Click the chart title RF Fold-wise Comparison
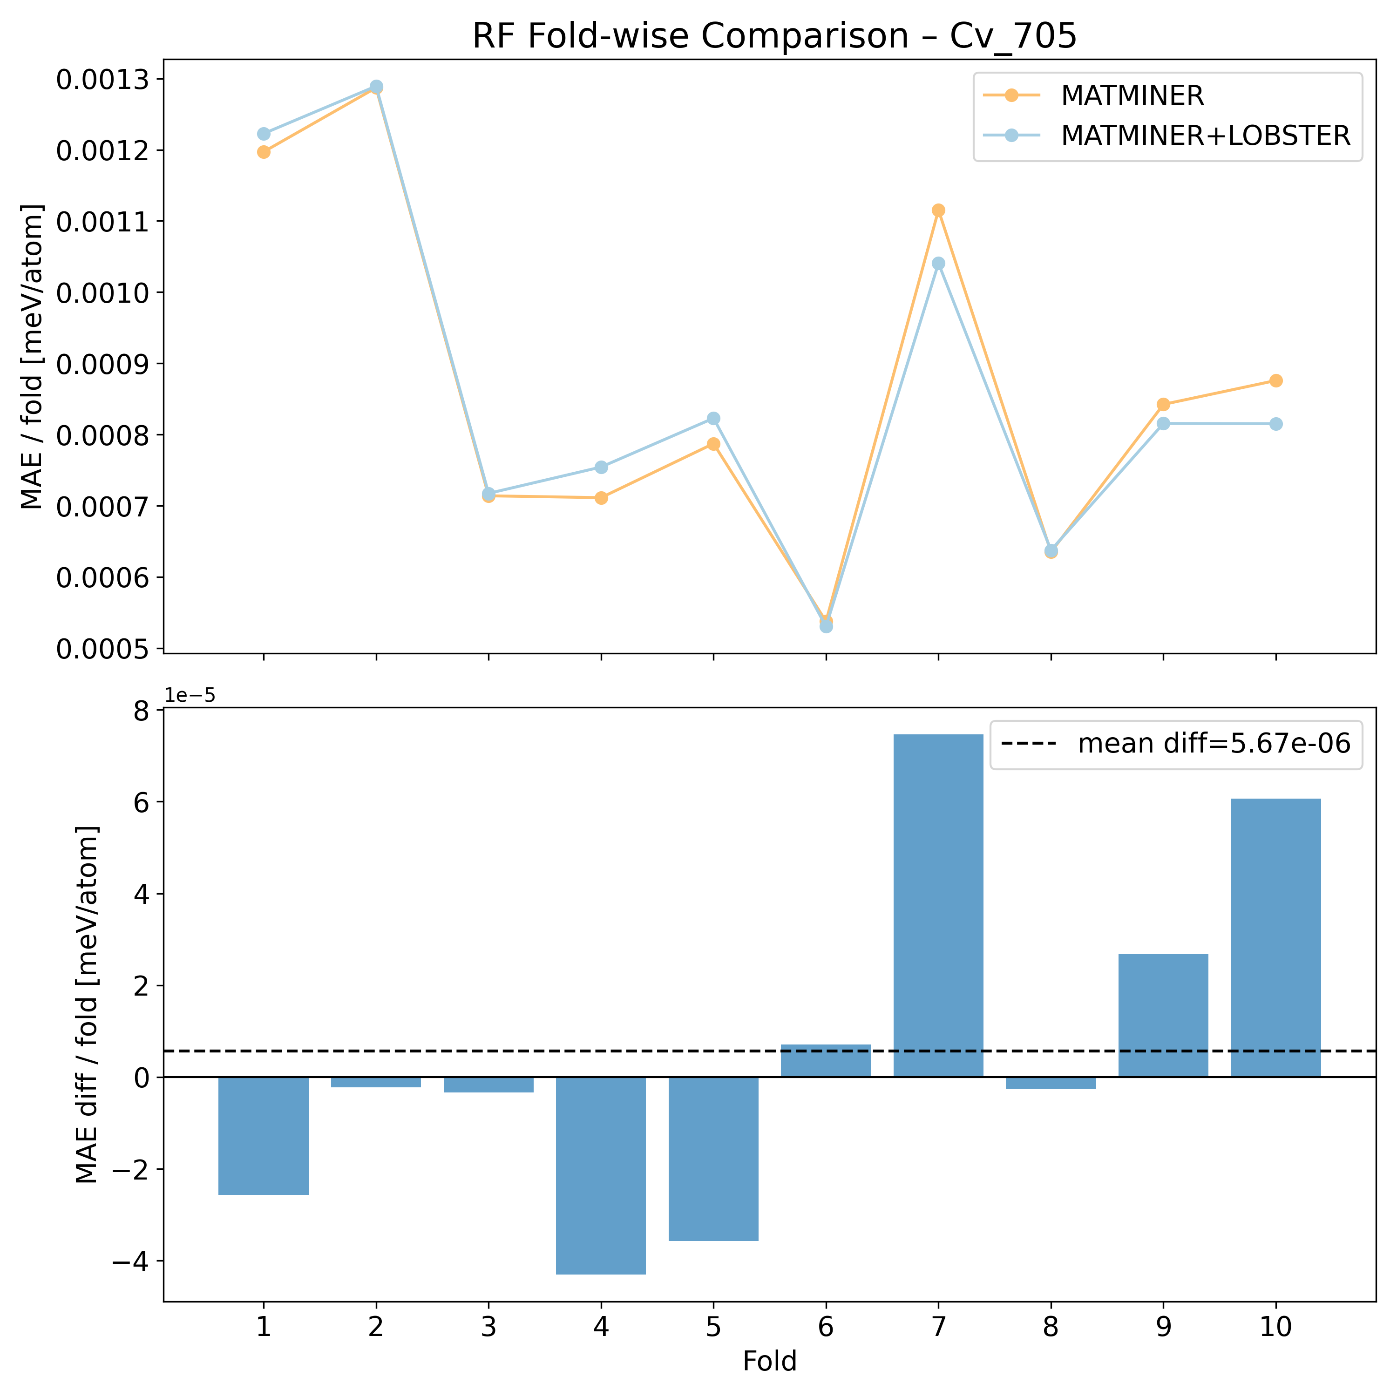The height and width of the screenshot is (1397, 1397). pyautogui.click(x=773, y=36)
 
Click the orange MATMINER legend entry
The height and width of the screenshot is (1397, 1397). pyautogui.click(x=1132, y=95)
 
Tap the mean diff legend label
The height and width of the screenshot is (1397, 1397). pyautogui.click(x=1214, y=744)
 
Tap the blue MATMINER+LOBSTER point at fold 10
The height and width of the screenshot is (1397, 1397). pyautogui.click(x=1275, y=424)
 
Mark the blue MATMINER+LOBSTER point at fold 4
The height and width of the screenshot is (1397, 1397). pyautogui.click(x=601, y=467)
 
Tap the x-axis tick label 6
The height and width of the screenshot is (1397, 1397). pyautogui.click(x=826, y=1328)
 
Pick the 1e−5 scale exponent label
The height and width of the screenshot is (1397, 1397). pyautogui.click(x=190, y=696)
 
